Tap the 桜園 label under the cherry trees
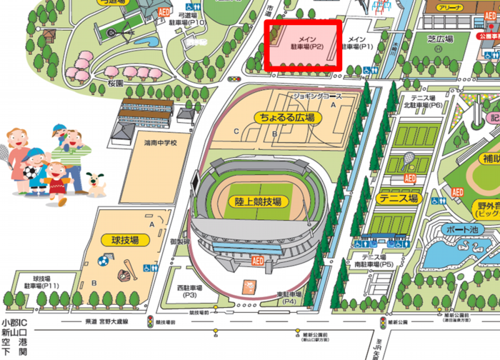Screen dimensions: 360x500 click(116, 84)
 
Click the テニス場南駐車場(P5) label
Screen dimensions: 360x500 click(377, 261)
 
